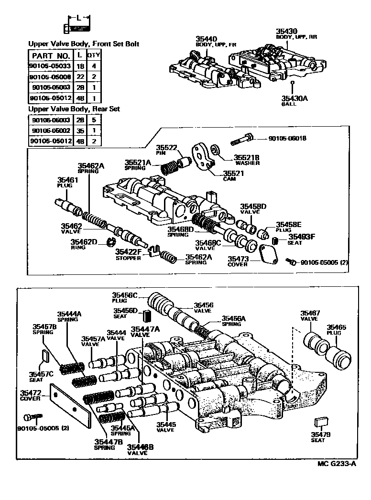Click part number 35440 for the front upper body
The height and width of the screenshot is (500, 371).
206,39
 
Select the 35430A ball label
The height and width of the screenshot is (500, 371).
291,99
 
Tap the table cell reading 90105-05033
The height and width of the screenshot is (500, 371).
44,67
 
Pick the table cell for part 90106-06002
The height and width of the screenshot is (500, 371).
44,130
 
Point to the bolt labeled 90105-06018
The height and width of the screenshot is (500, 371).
241,140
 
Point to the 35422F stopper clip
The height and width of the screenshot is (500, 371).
153,250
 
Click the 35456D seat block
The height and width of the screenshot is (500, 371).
147,316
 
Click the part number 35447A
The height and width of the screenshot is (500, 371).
146,329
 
